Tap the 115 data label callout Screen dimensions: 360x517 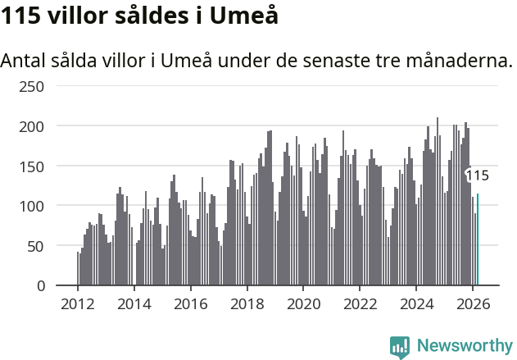(x=477, y=175)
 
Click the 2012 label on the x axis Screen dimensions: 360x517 (x=78, y=303)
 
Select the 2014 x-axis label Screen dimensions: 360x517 (x=134, y=303)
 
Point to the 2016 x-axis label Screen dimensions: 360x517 (x=191, y=303)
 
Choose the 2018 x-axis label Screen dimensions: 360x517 (x=247, y=303)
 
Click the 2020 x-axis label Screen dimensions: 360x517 (x=303, y=303)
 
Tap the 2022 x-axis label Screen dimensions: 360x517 (x=360, y=303)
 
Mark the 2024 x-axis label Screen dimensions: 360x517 (x=416, y=303)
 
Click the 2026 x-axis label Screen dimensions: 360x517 (x=473, y=303)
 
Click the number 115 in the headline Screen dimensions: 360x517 (x=20, y=16)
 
